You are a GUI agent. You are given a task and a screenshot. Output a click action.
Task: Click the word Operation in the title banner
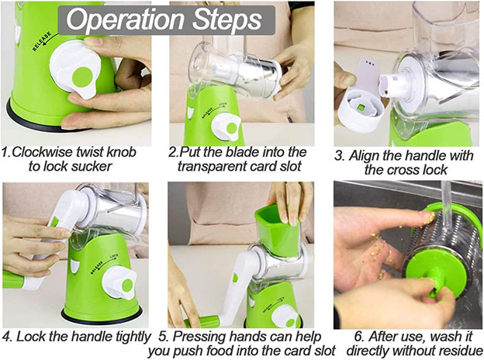[125, 20]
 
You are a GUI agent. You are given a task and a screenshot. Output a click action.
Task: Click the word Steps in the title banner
[227, 20]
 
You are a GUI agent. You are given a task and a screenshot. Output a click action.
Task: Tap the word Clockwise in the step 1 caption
[43, 152]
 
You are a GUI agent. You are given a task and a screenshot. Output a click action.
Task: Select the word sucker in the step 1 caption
[92, 166]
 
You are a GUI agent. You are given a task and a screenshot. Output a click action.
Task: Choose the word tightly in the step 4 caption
[133, 337]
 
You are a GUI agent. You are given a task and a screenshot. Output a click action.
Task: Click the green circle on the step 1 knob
[82, 77]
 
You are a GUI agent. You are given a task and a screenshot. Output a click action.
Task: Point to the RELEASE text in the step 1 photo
[42, 41]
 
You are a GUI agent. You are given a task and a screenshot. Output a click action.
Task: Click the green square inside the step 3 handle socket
[361, 107]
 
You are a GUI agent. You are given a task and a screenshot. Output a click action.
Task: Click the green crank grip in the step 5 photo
[202, 322]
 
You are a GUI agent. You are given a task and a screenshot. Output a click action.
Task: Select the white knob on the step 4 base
[119, 282]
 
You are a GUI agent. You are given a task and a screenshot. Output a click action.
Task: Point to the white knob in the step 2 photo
[226, 127]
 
